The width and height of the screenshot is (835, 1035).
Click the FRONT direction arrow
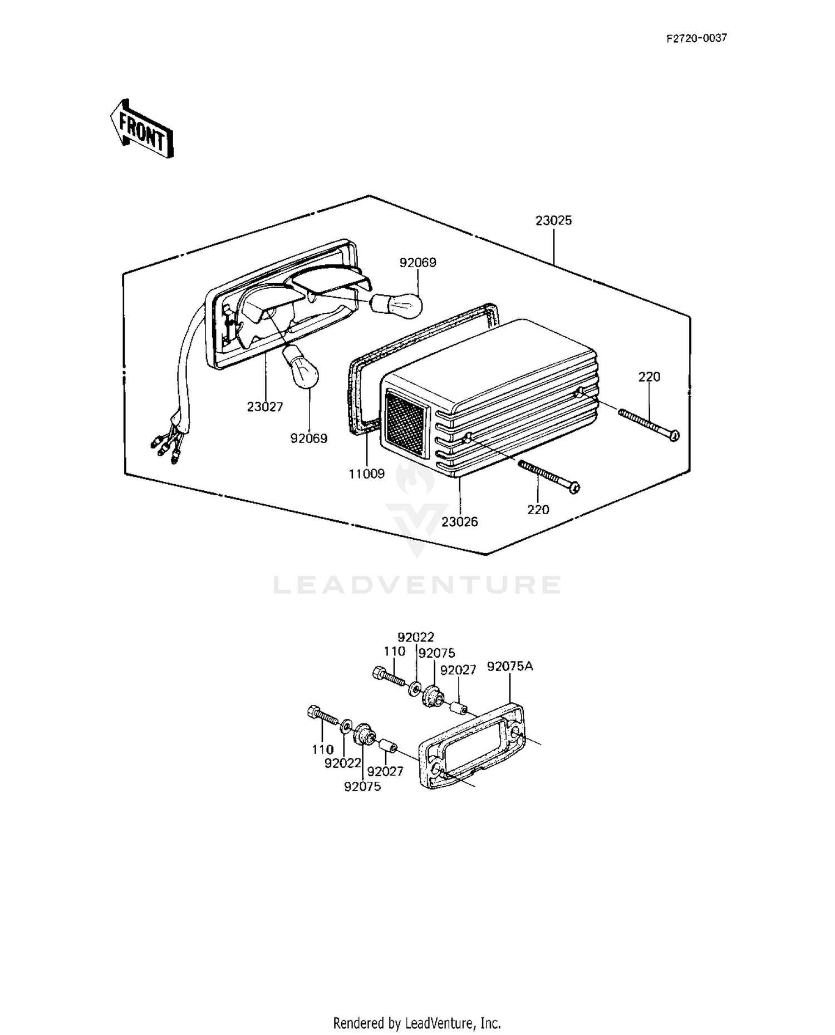point(140,129)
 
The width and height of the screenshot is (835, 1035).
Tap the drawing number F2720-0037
point(696,38)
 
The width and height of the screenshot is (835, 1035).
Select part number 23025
point(553,220)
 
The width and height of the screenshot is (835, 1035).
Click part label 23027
point(265,407)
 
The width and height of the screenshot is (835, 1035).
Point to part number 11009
point(366,474)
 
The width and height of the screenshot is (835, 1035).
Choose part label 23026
point(460,522)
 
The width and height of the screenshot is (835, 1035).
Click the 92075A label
point(510,666)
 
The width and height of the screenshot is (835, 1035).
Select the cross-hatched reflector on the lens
point(406,424)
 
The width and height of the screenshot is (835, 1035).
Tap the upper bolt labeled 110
point(390,678)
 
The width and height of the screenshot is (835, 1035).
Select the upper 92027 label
point(458,670)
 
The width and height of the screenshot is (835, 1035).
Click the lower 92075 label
point(362,787)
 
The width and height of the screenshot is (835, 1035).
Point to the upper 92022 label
point(416,637)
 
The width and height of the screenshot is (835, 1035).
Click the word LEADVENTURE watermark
point(417,585)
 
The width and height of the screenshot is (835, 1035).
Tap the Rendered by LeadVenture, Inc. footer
point(417,1023)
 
